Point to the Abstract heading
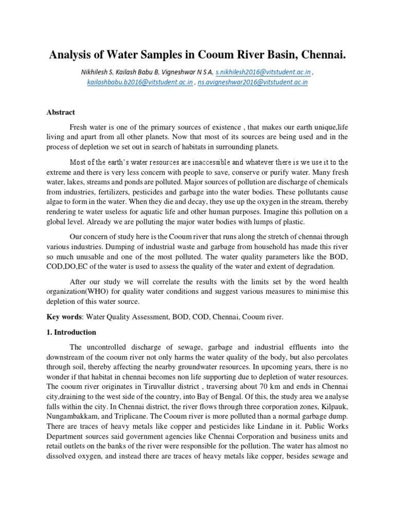click(61, 112)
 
